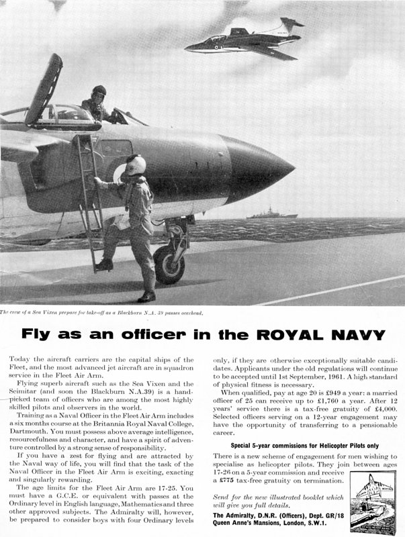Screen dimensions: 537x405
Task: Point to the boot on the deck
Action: coord(146,296)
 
